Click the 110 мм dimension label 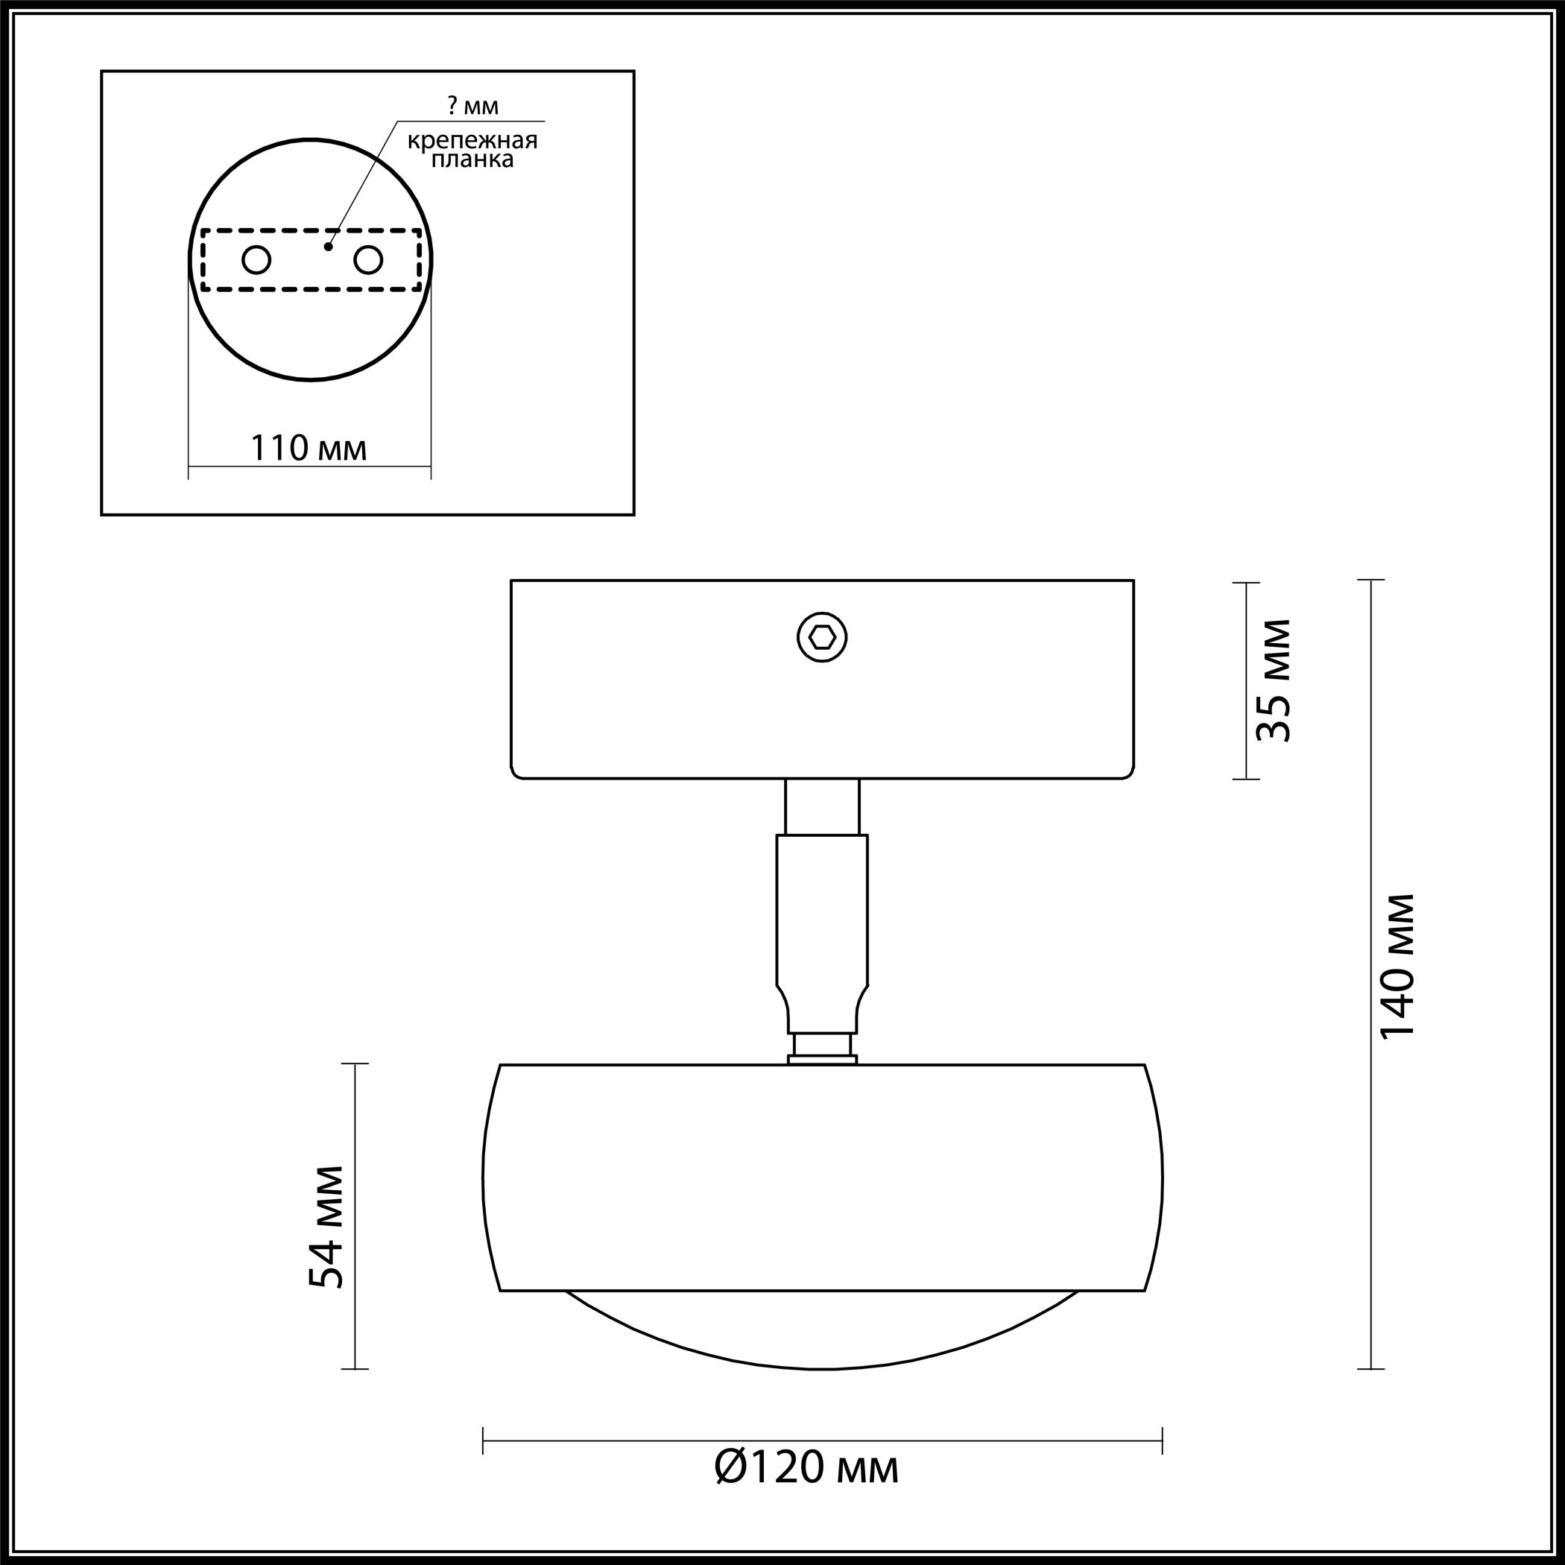tap(309, 448)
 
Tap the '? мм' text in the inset tap(473, 105)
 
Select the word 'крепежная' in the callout tap(472, 141)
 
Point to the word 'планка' tap(472, 159)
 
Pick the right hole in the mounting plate tap(367, 261)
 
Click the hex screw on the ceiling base tap(822, 637)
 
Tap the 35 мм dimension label tap(1273, 680)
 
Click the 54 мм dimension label tap(326, 1227)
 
